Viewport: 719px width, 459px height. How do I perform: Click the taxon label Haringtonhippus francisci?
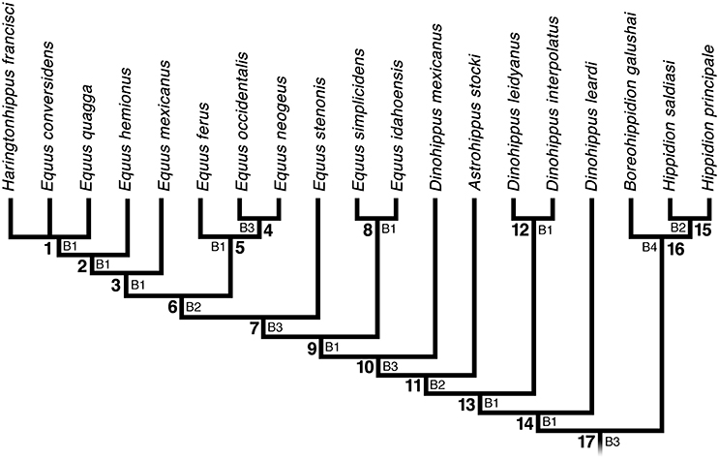(x=11, y=96)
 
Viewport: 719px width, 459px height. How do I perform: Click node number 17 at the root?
(x=586, y=445)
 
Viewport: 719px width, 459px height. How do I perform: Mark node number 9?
(x=312, y=347)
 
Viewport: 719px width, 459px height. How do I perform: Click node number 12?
(x=524, y=229)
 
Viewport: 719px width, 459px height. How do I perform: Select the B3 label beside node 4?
(x=249, y=229)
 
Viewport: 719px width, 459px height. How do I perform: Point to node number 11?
(x=413, y=386)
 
